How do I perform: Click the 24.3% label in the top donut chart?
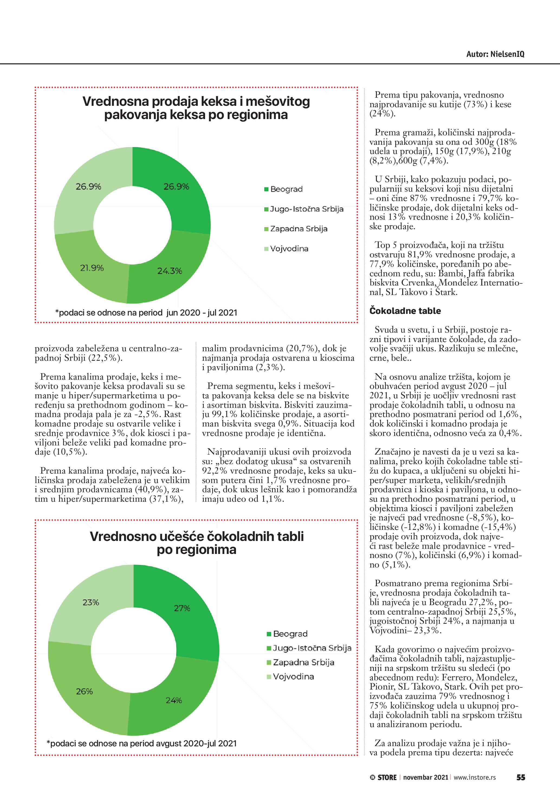pyautogui.click(x=170, y=271)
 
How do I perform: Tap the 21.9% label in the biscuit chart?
pyautogui.click(x=92, y=268)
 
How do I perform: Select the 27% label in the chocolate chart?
pyautogui.click(x=182, y=608)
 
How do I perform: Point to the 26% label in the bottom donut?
pyautogui.click(x=85, y=691)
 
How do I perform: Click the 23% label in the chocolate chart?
pyautogui.click(x=91, y=602)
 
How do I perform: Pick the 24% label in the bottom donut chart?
pyautogui.click(x=174, y=700)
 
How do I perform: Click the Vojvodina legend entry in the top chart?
pyautogui.click(x=289, y=249)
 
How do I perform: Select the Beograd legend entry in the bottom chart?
pyautogui.click(x=290, y=634)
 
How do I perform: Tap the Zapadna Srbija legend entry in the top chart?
pyautogui.click(x=299, y=229)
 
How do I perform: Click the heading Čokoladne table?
pyautogui.click(x=405, y=311)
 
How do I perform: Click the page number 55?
pyautogui.click(x=521, y=777)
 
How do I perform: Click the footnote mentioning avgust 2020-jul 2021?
pyautogui.click(x=141, y=743)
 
